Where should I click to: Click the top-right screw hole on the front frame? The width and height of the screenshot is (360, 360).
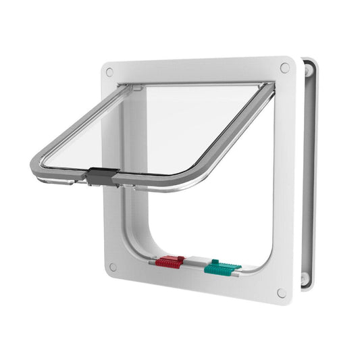point(284,68)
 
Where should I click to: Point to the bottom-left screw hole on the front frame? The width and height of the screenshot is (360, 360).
point(113,267)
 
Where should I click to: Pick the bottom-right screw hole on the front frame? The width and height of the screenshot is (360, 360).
point(281,292)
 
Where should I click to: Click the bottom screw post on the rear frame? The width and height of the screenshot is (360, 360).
point(305,278)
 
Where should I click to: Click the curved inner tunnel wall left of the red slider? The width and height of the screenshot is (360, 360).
point(146,240)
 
